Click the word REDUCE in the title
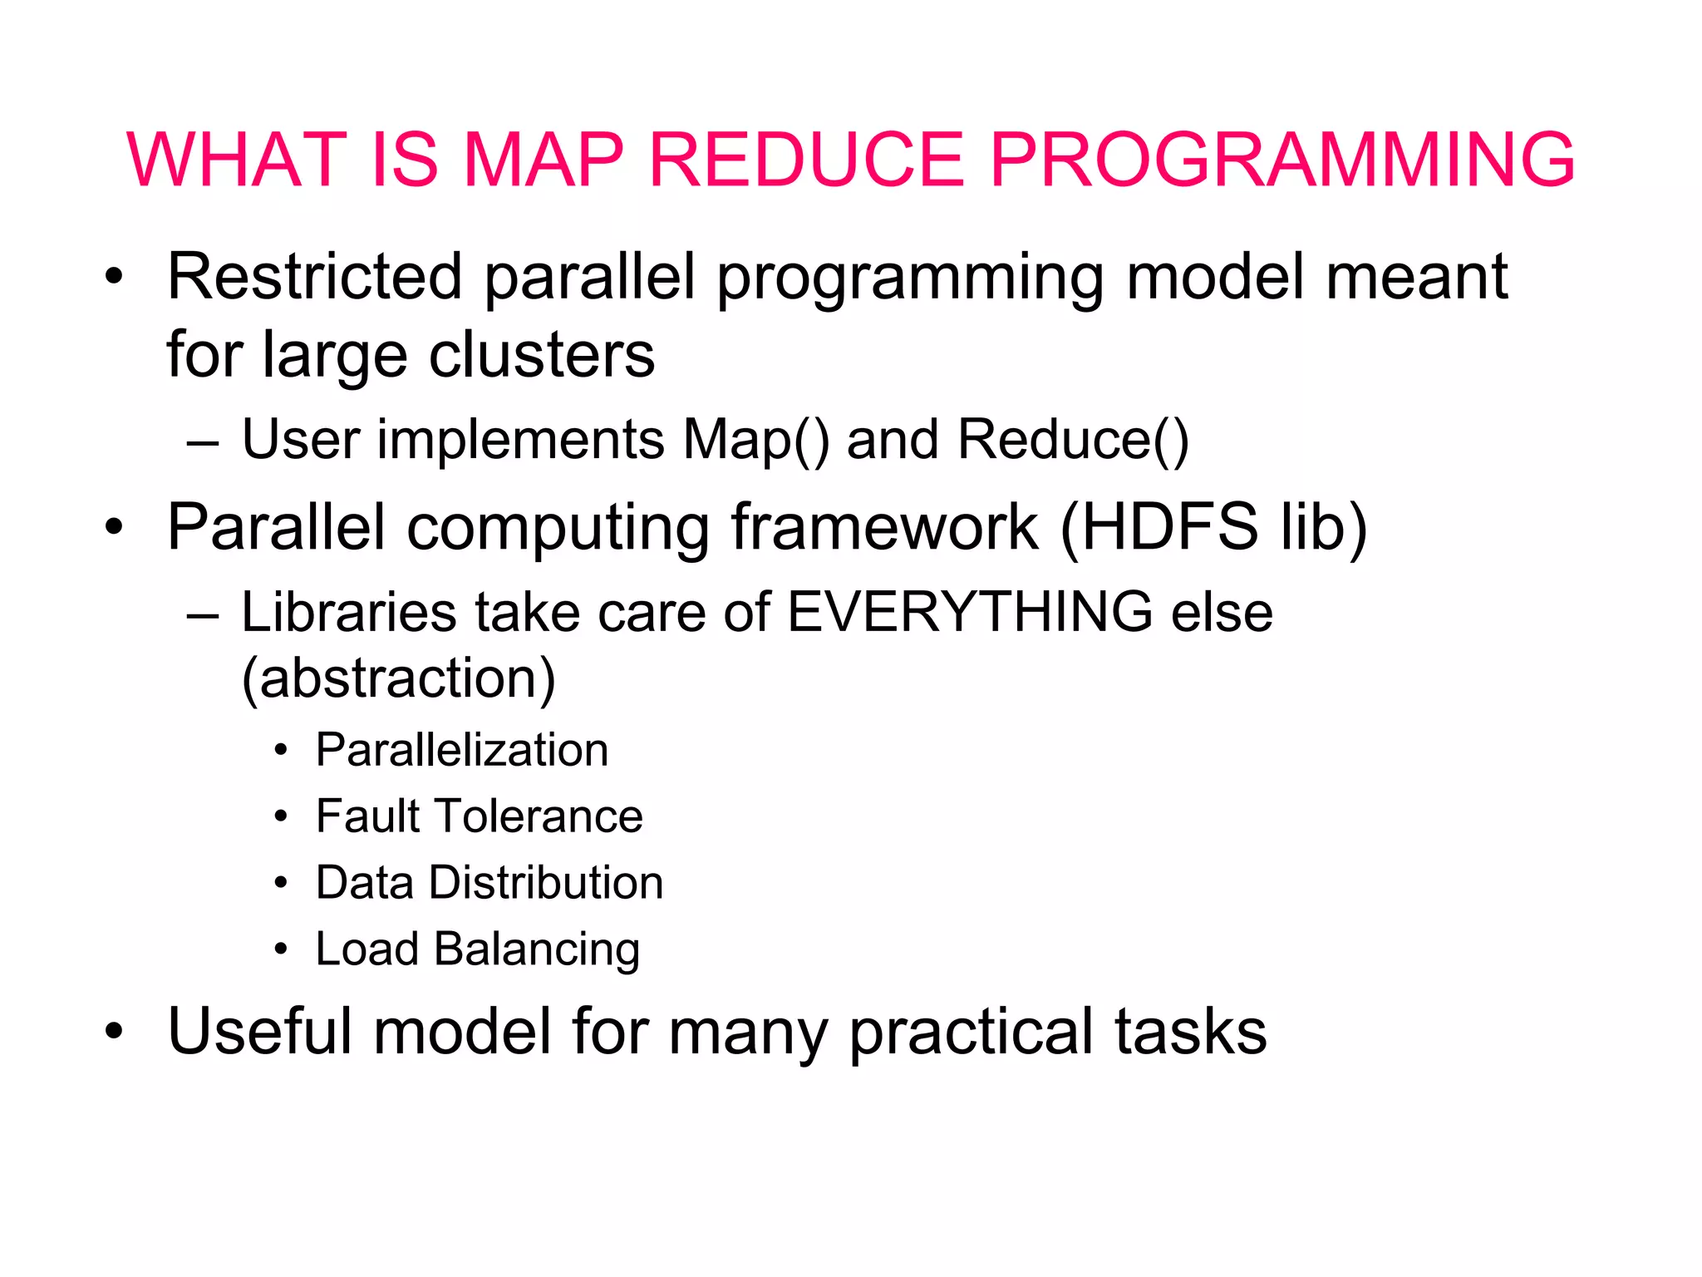(804, 160)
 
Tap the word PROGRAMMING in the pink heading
(1281, 160)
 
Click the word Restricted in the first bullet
(314, 277)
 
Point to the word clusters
(541, 355)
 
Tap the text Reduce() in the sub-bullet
(1073, 440)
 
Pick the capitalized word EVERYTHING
(969, 613)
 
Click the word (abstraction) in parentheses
(398, 679)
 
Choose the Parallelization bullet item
(462, 750)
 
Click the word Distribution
(546, 883)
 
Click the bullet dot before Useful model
(114, 1033)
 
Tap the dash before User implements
(203, 443)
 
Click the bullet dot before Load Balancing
(281, 949)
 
